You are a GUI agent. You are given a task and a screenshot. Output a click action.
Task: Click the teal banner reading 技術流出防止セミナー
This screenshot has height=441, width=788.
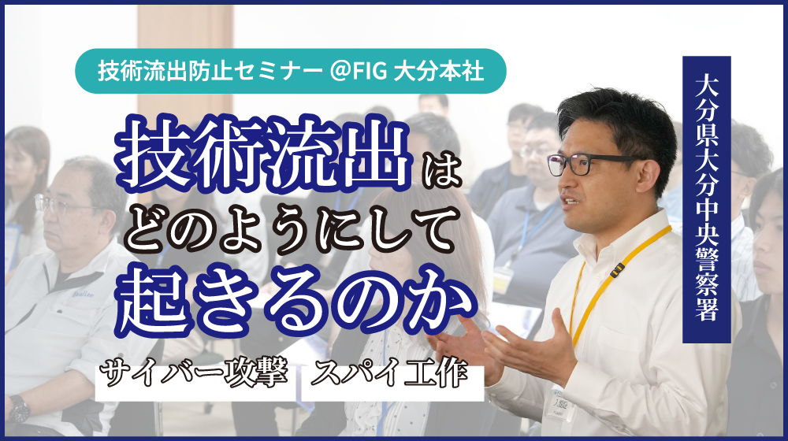pos(291,71)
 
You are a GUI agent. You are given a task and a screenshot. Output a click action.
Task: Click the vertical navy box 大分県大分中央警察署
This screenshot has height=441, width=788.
pos(706,199)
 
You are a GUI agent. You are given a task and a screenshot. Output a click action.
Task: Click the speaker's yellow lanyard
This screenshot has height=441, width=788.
pos(612,282)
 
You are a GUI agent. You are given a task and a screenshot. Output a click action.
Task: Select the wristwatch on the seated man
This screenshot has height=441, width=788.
pos(19,409)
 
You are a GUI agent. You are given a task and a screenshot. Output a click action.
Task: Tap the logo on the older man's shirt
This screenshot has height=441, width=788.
pos(83,295)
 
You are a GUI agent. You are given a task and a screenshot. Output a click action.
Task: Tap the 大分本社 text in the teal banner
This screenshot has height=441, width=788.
pos(438,71)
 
